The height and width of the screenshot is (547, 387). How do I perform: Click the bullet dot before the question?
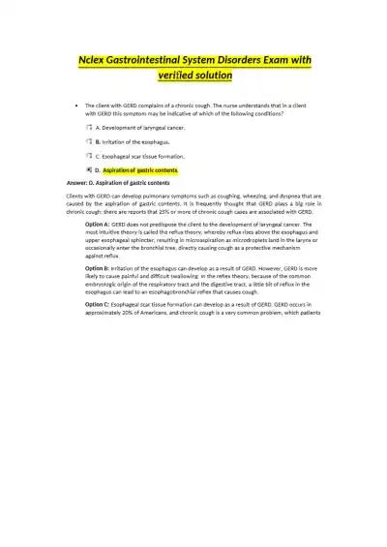(75, 105)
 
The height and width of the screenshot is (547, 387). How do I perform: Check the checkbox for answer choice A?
(88, 127)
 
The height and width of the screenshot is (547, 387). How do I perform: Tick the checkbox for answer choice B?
(88, 141)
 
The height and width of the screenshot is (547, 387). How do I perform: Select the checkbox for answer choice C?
(88, 155)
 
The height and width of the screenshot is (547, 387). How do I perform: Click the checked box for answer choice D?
(88, 169)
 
